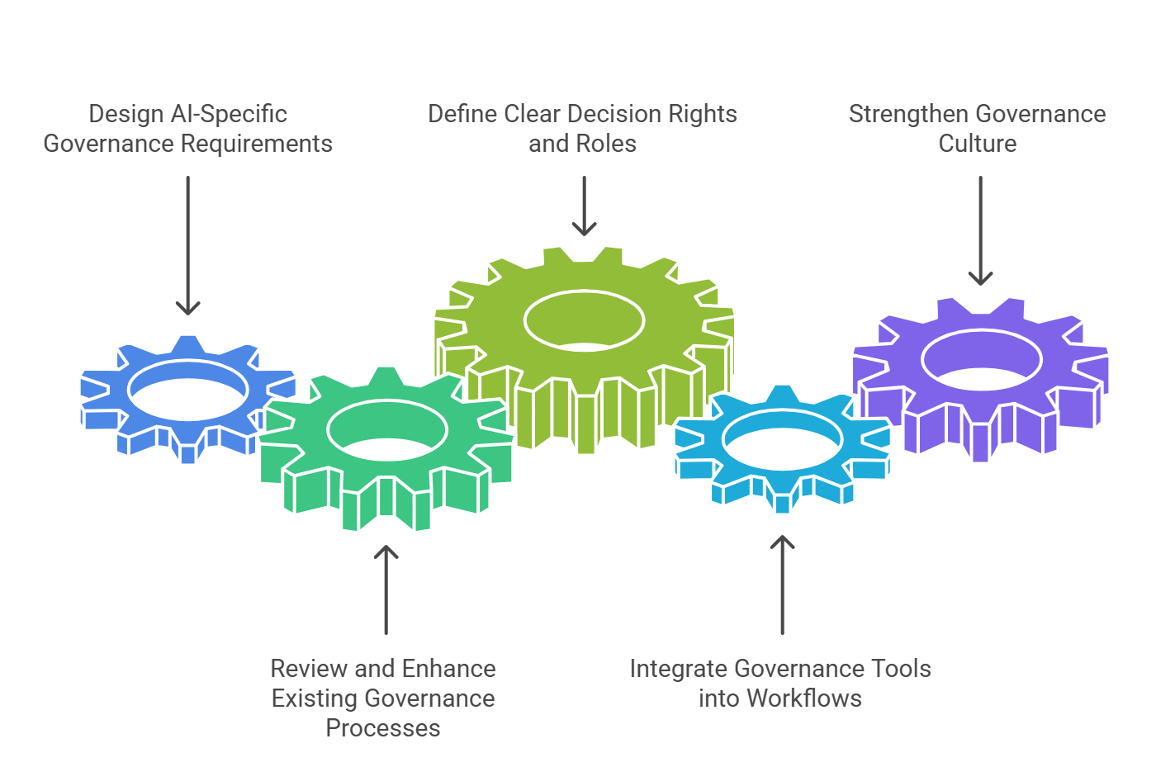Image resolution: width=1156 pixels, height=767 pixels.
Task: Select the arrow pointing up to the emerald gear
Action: [x=386, y=589]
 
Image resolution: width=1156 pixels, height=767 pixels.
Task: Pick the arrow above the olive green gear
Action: [x=584, y=206]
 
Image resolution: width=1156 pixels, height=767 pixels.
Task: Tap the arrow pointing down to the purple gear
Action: [x=980, y=230]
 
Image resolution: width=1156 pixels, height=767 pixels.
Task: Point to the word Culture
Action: [x=978, y=144]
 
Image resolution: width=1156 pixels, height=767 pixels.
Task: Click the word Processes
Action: [x=383, y=728]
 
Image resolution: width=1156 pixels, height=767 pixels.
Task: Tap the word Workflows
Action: [x=804, y=698]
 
